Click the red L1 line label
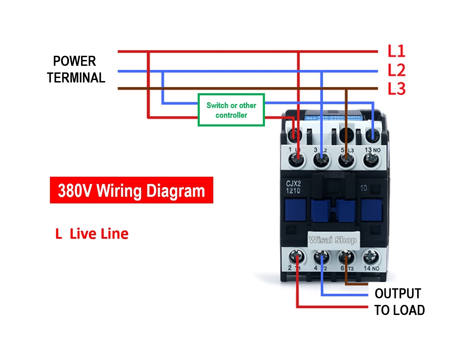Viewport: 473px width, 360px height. pos(396,51)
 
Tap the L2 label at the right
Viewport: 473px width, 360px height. pos(396,70)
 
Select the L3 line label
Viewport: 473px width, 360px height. pos(396,88)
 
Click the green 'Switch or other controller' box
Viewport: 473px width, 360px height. pos(231,110)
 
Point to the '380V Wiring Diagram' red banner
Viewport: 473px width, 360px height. pos(131,190)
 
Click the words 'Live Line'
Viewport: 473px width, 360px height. pos(99,234)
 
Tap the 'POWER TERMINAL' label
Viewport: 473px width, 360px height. pos(76,69)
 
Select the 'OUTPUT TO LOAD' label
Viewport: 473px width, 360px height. pos(399,302)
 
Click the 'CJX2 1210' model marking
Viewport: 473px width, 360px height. pos(293,187)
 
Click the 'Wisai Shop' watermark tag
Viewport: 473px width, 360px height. pos(332,240)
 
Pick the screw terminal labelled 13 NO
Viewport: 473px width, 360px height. pos(372,160)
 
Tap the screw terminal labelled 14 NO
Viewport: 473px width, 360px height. pos(371,257)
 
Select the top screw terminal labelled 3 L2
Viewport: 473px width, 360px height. pos(321,160)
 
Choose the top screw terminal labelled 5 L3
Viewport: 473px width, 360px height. pos(346,160)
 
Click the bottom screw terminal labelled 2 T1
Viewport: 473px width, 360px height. pos(297,257)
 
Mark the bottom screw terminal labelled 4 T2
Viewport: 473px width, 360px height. pos(321,257)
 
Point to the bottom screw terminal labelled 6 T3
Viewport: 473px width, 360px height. pos(346,257)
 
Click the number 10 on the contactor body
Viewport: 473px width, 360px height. pos(363,188)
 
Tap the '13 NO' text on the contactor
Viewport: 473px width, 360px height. pos(372,150)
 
